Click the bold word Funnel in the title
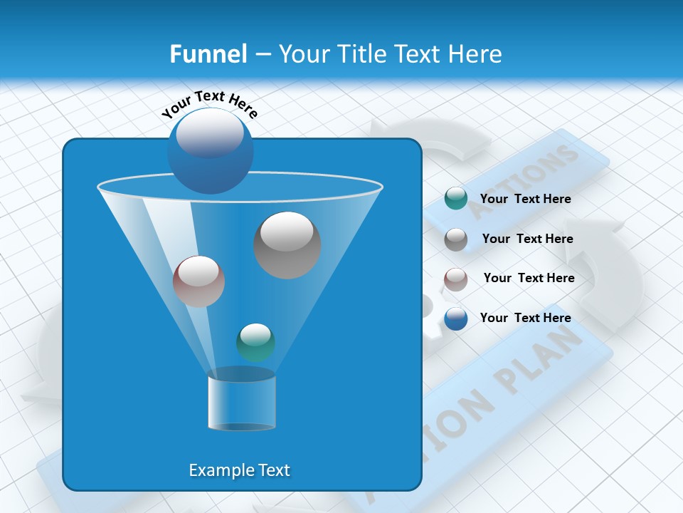208,54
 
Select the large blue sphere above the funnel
210,150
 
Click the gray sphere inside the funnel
287,244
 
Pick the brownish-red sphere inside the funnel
198,281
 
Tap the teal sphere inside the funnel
255,342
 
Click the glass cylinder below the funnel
241,402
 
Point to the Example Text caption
239,470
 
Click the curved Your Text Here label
209,104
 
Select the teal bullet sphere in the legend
455,198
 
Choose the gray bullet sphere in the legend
455,239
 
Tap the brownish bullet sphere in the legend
455,279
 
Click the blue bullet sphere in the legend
455,318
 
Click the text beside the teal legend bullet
525,199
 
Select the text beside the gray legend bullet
527,239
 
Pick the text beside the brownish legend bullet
529,278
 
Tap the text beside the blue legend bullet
525,318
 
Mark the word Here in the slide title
475,54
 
